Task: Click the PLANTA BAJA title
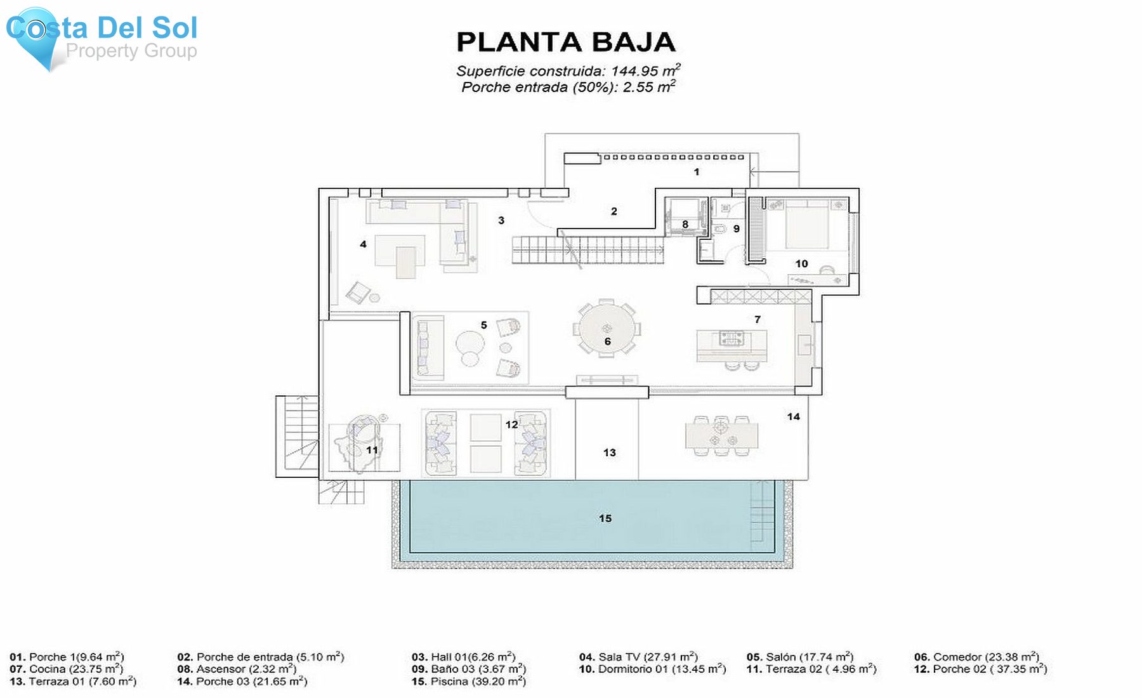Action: pyautogui.click(x=566, y=43)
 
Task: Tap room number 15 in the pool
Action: pyautogui.click(x=605, y=518)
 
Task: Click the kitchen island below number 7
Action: pyautogui.click(x=732, y=345)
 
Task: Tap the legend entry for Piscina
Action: pyautogui.click(x=468, y=682)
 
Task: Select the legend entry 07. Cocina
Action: pyautogui.click(x=66, y=669)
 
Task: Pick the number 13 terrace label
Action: pyautogui.click(x=609, y=452)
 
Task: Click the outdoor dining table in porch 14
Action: pyautogui.click(x=721, y=437)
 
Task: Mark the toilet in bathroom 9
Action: pyautogui.click(x=721, y=228)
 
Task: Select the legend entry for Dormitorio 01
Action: pyautogui.click(x=652, y=669)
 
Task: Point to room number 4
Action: pyautogui.click(x=363, y=244)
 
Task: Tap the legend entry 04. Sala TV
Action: pyautogui.click(x=638, y=657)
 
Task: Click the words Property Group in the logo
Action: pyautogui.click(x=131, y=51)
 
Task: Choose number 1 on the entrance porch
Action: pyautogui.click(x=697, y=172)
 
